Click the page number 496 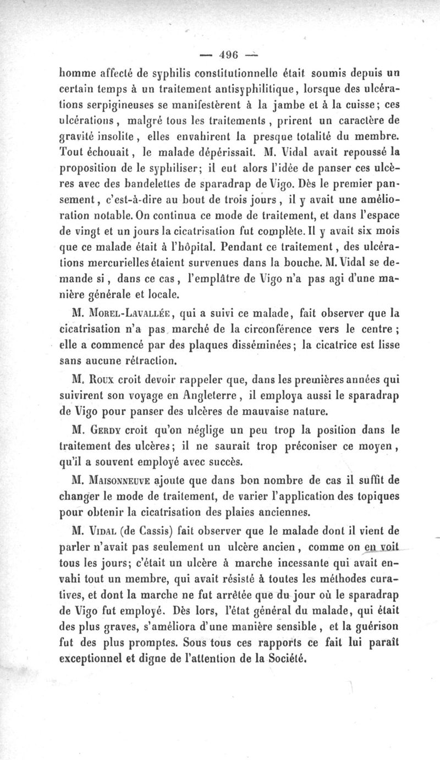pyautogui.click(x=227, y=54)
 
